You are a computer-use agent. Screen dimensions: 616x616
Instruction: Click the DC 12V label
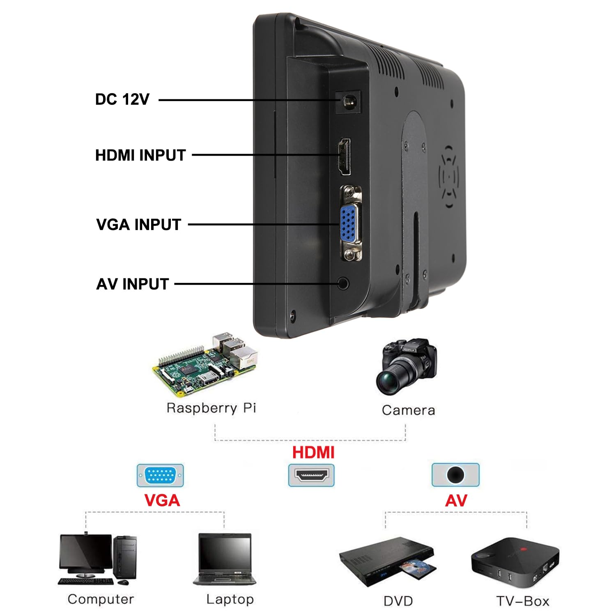tap(122, 99)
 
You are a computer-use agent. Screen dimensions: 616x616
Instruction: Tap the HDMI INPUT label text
tap(140, 155)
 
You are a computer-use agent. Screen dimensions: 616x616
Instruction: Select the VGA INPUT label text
tap(138, 225)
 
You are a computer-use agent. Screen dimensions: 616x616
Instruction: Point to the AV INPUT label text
tap(132, 284)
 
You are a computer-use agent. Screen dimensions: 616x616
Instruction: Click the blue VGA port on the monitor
tap(348, 224)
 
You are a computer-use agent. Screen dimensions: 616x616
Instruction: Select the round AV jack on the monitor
tap(343, 283)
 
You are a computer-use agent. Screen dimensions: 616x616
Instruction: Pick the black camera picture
tap(407, 365)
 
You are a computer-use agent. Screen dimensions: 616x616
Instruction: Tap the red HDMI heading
tap(313, 452)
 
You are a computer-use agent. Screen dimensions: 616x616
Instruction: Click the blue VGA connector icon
tap(160, 476)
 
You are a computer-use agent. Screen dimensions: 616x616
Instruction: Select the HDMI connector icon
tap(311, 476)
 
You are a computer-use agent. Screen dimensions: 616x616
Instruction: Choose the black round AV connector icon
tap(455, 475)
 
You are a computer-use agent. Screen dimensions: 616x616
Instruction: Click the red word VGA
tap(162, 500)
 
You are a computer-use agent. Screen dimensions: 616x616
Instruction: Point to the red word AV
tap(456, 500)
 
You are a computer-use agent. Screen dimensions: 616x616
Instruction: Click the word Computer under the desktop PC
tap(101, 599)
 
